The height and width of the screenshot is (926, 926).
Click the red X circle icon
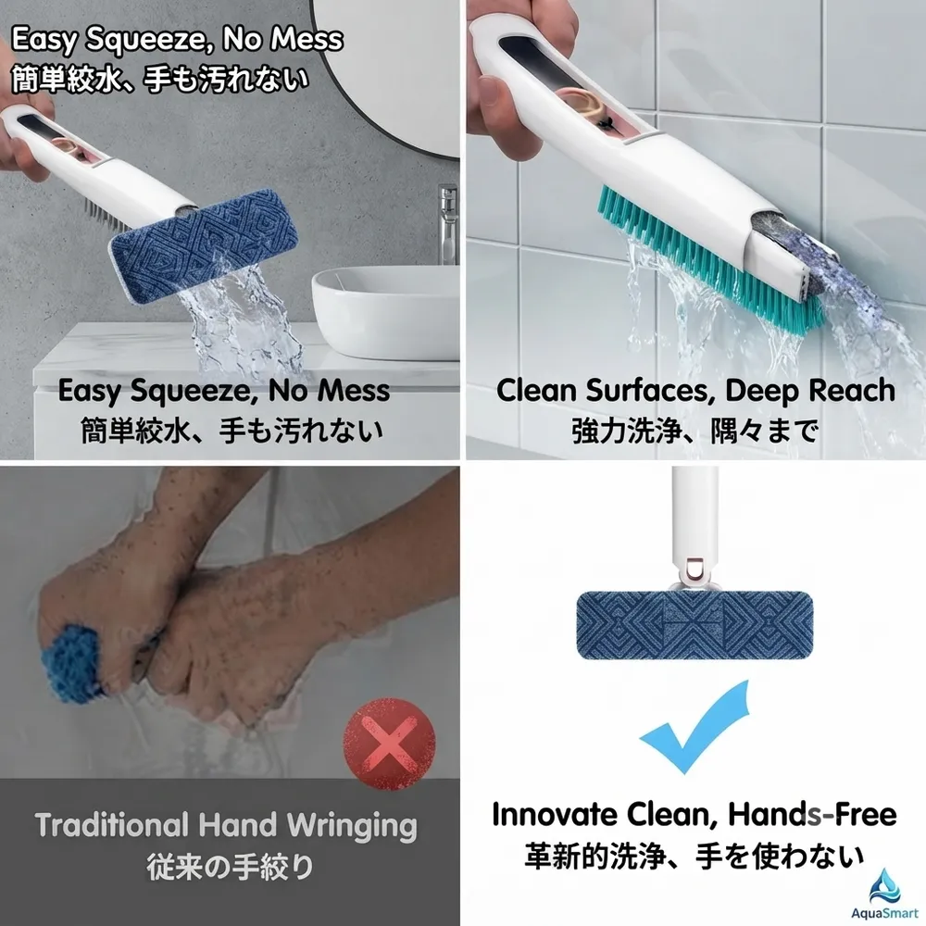[389, 743]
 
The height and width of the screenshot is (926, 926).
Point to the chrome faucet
[447, 223]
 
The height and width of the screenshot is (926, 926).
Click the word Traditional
[111, 824]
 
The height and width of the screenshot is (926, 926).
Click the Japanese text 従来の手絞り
[230, 867]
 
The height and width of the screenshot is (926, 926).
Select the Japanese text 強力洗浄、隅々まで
[694, 431]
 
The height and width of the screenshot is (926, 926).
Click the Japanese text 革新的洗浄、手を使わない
[694, 857]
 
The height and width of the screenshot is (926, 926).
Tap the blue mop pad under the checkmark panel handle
[694, 624]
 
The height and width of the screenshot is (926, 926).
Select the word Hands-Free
[812, 814]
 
